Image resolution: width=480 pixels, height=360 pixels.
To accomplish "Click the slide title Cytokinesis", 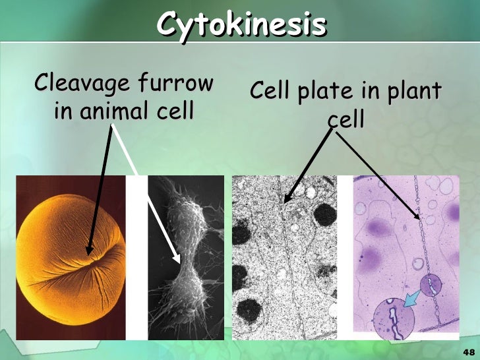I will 241,25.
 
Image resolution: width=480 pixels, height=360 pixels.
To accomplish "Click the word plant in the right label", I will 413,92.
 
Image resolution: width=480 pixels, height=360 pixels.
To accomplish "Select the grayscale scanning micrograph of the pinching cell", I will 185,257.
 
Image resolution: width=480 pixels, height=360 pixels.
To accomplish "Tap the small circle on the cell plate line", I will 431,285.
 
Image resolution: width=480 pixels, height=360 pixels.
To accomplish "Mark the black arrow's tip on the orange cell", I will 88,253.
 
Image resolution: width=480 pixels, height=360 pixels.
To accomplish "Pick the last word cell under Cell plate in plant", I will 347,120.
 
